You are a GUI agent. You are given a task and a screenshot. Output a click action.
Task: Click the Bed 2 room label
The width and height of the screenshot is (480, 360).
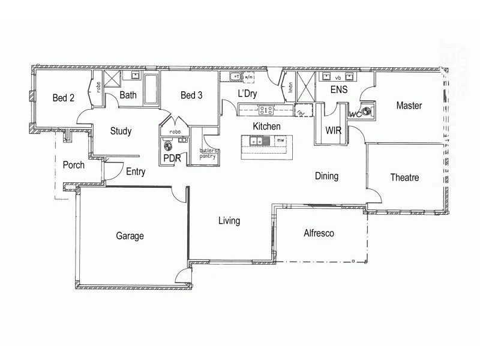63,98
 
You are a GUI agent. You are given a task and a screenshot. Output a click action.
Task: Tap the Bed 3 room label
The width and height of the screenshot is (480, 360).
191,95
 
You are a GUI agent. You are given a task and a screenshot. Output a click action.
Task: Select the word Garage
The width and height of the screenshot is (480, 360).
130,236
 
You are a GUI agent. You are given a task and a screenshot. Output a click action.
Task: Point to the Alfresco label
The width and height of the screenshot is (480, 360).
319,233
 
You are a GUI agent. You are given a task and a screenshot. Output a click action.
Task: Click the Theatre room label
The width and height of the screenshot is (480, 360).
404,178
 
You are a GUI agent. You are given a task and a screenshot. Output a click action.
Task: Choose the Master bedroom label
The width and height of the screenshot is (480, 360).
409,106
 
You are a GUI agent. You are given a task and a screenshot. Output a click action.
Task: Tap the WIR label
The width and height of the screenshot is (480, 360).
334,130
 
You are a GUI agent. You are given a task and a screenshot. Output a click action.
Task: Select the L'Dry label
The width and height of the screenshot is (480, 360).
247,94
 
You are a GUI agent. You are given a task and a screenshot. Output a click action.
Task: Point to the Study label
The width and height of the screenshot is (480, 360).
121,131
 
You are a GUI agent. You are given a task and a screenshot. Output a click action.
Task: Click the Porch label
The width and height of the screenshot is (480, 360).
74,165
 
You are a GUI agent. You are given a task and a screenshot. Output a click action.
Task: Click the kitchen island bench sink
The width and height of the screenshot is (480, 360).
257,142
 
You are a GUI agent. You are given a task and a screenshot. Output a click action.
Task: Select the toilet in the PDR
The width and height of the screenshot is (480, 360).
168,145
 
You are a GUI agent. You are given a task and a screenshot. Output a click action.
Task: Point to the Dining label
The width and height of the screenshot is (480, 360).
327,176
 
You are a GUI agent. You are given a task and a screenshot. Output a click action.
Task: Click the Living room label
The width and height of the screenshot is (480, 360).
229,221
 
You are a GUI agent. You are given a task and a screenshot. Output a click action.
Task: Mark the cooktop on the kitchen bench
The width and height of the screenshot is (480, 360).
266,110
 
